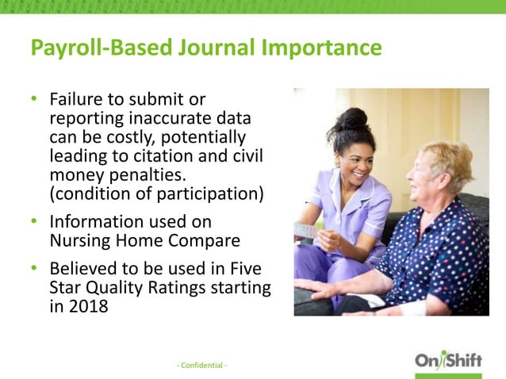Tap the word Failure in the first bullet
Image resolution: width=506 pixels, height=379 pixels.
tap(77, 100)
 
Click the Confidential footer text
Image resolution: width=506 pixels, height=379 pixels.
tap(201, 365)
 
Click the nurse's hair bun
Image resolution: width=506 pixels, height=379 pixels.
tap(355, 118)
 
